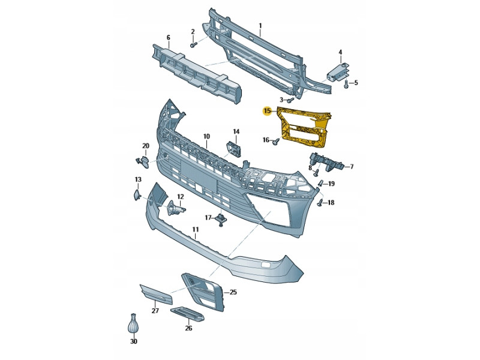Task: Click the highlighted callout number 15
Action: pyautogui.click(x=268, y=110)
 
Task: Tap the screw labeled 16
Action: pyautogui.click(x=277, y=141)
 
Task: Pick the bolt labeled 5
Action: pyautogui.click(x=346, y=84)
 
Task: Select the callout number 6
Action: pyautogui.click(x=168, y=38)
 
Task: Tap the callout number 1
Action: pyautogui.click(x=260, y=26)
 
